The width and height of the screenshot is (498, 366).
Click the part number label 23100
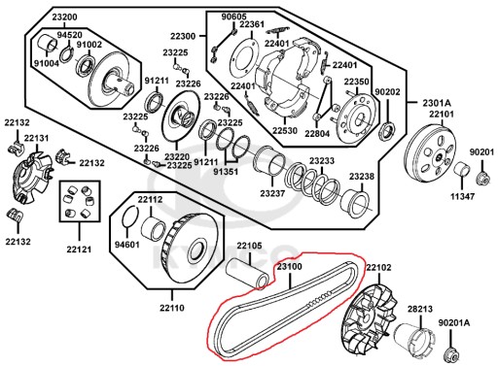289,267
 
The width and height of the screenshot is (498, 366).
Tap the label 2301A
437,103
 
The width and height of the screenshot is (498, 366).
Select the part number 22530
285,131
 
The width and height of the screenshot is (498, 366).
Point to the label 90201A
454,323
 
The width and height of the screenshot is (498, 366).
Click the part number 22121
79,250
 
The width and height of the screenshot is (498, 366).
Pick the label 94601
127,245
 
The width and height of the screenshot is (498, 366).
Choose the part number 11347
462,196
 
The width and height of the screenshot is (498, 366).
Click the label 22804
317,133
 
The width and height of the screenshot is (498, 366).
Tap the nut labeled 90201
482,179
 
